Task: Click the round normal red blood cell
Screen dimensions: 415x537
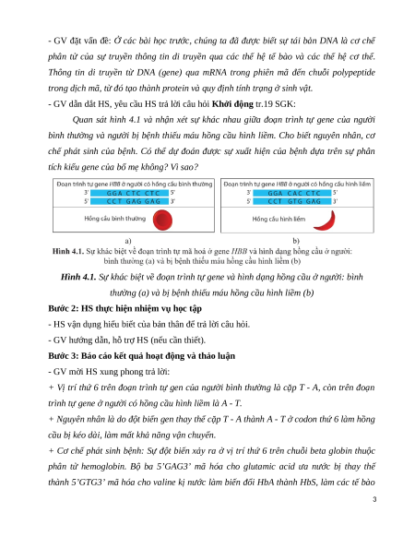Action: coord(162,220)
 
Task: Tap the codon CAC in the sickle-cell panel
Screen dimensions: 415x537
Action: coord(294,193)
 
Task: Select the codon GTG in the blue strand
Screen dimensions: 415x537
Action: coord(294,201)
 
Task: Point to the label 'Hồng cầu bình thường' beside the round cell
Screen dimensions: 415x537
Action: coord(114,219)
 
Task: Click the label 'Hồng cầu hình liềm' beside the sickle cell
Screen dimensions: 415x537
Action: coord(279,219)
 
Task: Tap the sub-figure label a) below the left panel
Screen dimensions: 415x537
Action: coord(128,241)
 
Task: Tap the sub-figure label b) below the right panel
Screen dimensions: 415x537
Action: coord(296,241)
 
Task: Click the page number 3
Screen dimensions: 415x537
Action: coord(374,499)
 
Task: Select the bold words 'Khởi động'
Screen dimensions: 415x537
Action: coord(232,103)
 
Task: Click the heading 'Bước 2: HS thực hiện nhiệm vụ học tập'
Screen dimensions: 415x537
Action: coord(125,308)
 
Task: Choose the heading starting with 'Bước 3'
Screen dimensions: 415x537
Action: coord(141,356)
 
